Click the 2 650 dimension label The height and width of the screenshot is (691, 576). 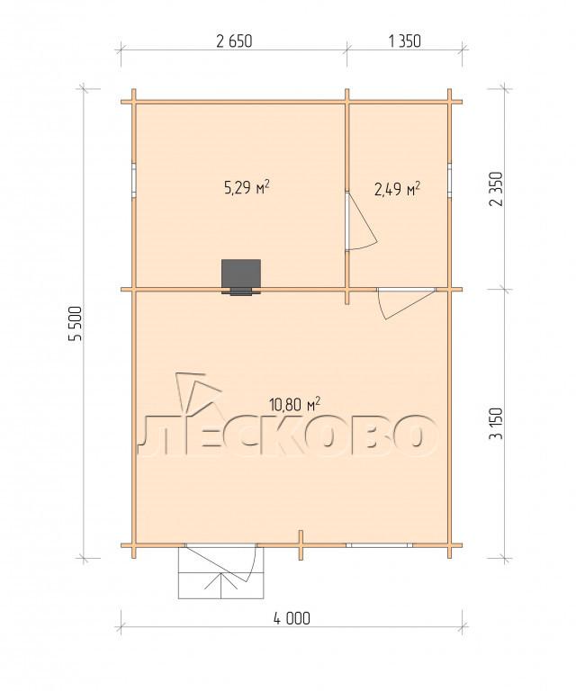click(x=234, y=41)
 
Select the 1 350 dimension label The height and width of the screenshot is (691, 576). click(x=405, y=41)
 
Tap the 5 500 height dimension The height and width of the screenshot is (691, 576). click(x=76, y=324)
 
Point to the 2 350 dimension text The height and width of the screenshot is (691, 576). click(x=497, y=189)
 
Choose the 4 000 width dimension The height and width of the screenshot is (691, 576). click(x=292, y=618)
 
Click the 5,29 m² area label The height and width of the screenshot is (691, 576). click(x=247, y=188)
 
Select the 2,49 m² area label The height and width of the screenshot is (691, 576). click(x=397, y=189)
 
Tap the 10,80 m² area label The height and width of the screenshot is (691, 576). click(x=294, y=404)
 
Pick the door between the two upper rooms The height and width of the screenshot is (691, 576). click(x=361, y=221)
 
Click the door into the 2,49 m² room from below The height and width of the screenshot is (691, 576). click(x=406, y=302)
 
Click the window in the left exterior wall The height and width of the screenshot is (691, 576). click(x=134, y=180)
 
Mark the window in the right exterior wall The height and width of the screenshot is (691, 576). click(x=449, y=179)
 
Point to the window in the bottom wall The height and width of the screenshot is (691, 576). click(x=379, y=545)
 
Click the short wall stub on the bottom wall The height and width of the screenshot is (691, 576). click(x=301, y=544)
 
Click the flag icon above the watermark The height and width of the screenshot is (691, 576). click(x=196, y=390)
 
